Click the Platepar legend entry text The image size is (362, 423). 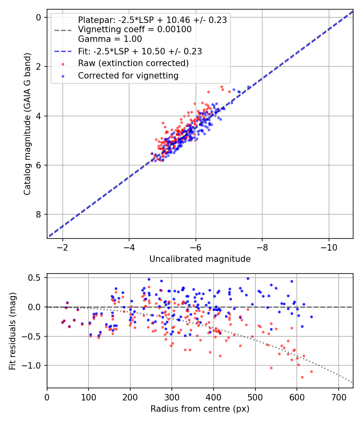click(x=152, y=20)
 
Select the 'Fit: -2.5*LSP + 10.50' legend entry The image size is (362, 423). click(x=140, y=52)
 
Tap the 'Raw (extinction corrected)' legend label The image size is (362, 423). click(x=133, y=63)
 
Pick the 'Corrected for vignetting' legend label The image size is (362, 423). click(x=128, y=75)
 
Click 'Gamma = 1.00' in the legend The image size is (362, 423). click(x=110, y=39)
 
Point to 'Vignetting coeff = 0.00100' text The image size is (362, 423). click(x=135, y=30)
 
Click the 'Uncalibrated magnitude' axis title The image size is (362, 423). click(x=200, y=259)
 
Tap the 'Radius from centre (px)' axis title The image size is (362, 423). click(x=200, y=409)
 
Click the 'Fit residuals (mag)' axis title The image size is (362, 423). click(x=12, y=330)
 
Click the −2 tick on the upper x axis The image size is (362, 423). click(x=63, y=247)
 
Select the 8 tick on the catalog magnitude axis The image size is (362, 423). click(x=39, y=214)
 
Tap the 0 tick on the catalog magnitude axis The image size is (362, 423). click(x=39, y=17)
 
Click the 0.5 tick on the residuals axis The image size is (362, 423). click(x=36, y=278)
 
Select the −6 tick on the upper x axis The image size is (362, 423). click(x=195, y=247)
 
